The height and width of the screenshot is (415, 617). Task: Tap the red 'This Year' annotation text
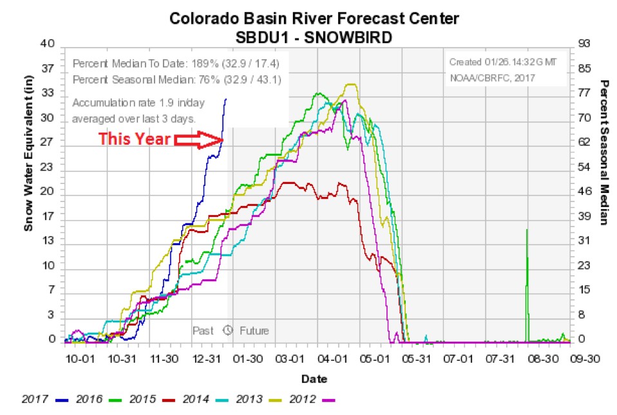(134, 139)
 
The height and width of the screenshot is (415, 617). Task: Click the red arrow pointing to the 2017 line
(199, 139)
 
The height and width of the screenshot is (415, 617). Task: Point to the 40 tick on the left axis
(48, 44)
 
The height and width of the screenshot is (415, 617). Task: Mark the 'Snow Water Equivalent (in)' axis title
(29, 161)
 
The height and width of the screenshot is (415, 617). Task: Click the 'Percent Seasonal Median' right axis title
(604, 153)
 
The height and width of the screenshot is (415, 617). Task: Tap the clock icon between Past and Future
(227, 331)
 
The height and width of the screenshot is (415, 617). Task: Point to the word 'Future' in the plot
(254, 331)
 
